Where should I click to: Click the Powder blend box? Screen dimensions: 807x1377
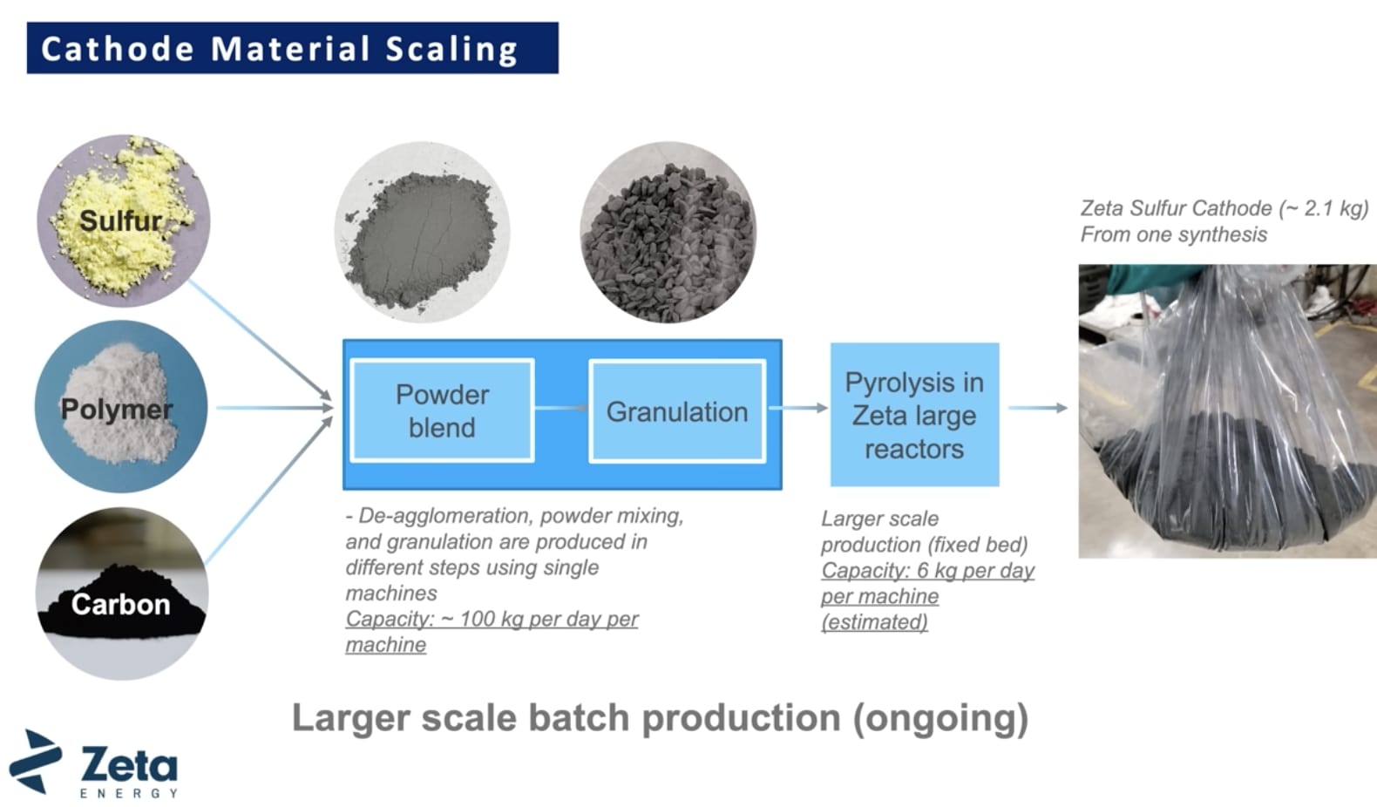(442, 410)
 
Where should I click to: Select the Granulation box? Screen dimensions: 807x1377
(677, 411)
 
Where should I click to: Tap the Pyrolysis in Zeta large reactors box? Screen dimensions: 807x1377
(914, 415)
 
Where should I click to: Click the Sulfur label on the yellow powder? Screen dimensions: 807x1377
(120, 220)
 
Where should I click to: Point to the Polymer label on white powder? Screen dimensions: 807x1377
(117, 409)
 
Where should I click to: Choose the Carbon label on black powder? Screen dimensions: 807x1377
(120, 604)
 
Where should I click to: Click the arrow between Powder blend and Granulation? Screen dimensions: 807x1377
(561, 408)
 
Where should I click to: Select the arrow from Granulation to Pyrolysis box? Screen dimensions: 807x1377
(798, 408)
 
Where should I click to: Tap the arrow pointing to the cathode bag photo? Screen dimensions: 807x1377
(1037, 408)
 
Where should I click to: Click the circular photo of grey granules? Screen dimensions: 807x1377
(668, 233)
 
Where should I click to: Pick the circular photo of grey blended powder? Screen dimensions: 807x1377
(422, 233)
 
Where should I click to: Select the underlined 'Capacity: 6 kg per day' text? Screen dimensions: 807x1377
(927, 571)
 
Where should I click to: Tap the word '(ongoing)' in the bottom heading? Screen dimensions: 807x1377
(940, 718)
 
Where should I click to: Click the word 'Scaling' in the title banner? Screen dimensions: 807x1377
(451, 49)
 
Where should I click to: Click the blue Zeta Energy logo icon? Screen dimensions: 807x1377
(35, 762)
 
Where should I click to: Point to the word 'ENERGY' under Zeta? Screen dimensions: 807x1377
(129, 793)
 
